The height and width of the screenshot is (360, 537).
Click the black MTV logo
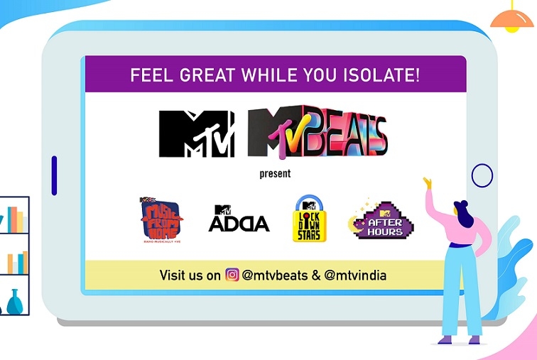point(197,134)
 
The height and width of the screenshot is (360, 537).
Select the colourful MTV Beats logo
point(318,135)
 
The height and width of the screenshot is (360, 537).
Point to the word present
point(276,173)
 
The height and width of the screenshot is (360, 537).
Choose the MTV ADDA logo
point(239,219)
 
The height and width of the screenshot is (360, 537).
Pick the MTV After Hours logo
point(383,221)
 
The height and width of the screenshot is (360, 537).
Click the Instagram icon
point(232,275)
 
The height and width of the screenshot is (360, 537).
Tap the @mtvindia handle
point(355,275)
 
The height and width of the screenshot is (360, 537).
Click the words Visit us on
point(190,275)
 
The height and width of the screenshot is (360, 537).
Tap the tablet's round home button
point(482,175)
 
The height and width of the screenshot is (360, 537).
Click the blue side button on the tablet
point(54,175)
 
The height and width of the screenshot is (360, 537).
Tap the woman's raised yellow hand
point(428,183)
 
